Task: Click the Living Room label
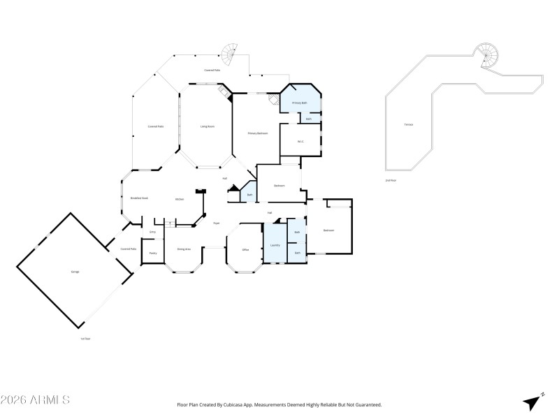[x=207, y=126]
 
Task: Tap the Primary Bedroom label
[x=258, y=133]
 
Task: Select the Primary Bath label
[x=300, y=103]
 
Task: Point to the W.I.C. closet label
[x=300, y=141]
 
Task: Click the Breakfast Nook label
[x=139, y=198]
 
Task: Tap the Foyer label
[x=217, y=223]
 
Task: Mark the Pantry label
[x=152, y=252]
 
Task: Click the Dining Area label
[x=184, y=249]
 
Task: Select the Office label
[x=245, y=249]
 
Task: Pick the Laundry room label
[x=275, y=245]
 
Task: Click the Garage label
[x=74, y=271]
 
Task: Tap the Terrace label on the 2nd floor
[x=408, y=124]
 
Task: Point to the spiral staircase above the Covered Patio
[x=230, y=52]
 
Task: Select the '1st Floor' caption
[x=85, y=339]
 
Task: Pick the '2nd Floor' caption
[x=391, y=181]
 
